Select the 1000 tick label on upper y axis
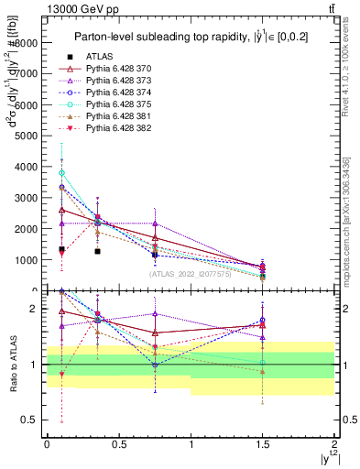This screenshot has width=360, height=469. pos(26,260)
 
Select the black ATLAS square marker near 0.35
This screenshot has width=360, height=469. pos(97,251)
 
